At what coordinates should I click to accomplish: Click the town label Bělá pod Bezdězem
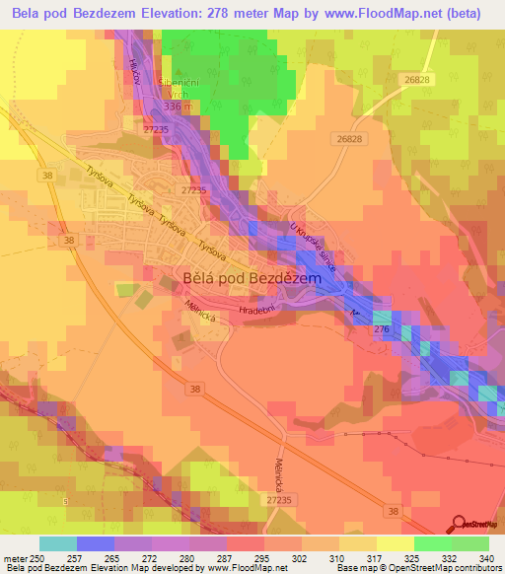click(252, 279)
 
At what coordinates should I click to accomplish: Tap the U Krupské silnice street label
click(313, 246)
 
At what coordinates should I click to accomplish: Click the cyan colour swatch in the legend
click(58, 543)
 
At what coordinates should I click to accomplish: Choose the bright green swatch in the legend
click(433, 543)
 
